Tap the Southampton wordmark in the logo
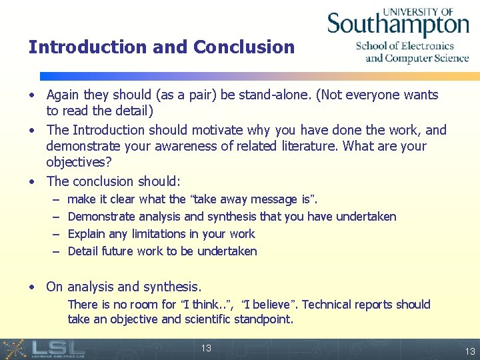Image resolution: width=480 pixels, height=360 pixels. click(398, 25)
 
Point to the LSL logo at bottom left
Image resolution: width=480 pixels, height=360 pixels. click(43, 349)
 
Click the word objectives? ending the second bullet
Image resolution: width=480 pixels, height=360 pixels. click(79, 162)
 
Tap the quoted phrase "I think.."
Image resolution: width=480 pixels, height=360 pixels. click(206, 305)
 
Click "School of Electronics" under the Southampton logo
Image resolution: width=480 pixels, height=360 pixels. click(405, 46)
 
